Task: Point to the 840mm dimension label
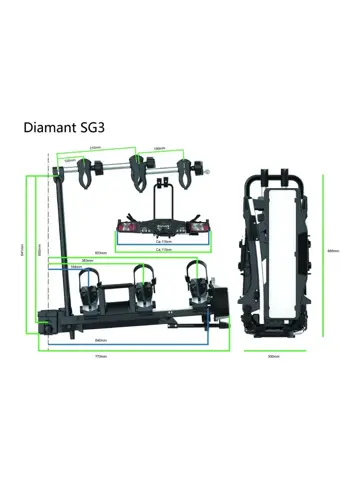tap(101, 341)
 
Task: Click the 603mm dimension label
tap(99, 253)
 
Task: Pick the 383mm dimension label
tap(88, 261)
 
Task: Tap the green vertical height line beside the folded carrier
tap(323, 260)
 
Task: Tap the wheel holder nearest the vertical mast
tap(90, 290)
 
